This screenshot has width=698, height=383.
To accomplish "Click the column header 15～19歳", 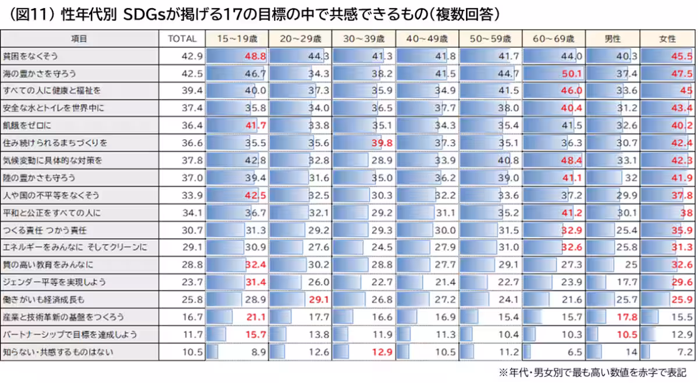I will tap(237, 39).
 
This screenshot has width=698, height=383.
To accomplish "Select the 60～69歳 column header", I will tap(554, 39).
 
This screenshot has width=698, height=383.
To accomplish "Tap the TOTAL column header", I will tap(181, 39).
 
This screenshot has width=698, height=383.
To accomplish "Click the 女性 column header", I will tap(667, 39).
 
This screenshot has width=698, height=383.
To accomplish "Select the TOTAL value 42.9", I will tap(192, 56).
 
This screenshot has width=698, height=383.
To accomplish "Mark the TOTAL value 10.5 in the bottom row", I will tap(192, 352).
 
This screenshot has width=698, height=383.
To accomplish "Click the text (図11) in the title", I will tap(30, 13).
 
